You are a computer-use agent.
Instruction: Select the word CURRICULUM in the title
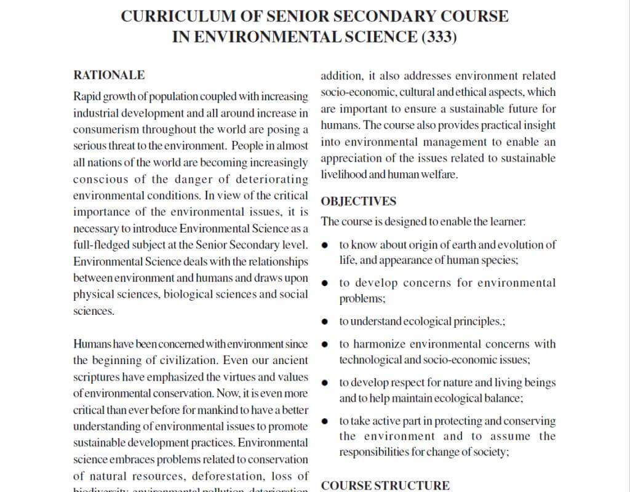click(173, 16)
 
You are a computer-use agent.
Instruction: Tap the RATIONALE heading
click(109, 75)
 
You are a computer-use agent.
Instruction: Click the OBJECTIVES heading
click(359, 201)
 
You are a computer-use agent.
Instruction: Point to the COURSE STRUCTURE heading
click(385, 485)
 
